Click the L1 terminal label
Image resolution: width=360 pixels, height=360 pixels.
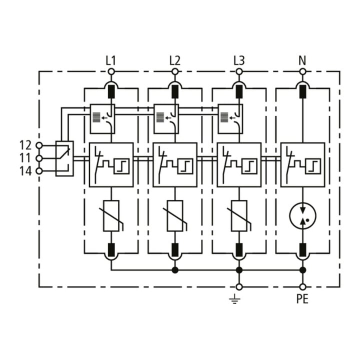pos(110,60)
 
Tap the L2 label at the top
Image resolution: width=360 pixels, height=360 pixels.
pos(174,60)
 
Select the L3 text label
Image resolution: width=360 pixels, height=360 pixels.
pos(239,60)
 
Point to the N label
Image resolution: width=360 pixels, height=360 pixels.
pos(302,60)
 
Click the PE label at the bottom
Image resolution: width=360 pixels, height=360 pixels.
pos(302,299)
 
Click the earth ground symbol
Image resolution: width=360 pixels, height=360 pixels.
pos(234,299)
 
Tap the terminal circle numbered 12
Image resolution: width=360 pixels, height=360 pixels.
pos(39,145)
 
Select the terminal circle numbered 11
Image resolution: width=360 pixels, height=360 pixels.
pos(39,158)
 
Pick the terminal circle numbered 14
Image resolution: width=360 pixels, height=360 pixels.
pos(39,171)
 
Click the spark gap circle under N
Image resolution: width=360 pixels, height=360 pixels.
pos(303,215)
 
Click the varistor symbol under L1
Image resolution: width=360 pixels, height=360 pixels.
pos(111,216)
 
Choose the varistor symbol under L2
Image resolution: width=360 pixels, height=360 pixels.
pos(175,216)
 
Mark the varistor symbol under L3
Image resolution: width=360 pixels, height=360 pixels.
pos(239,216)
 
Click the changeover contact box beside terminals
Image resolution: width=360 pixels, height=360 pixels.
pos(64,158)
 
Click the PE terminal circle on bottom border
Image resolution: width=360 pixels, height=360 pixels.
pos(303,287)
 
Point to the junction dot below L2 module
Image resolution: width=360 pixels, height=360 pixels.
pos(175,270)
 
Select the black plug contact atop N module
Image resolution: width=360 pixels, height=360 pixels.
pos(303,91)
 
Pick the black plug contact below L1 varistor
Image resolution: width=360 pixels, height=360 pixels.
pos(111,250)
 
